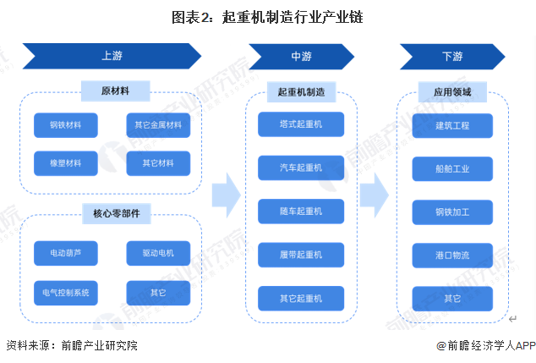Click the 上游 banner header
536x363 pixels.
tap(112, 56)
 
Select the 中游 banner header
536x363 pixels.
tap(302, 57)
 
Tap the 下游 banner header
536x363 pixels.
tap(452, 57)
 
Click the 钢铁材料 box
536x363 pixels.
tap(66, 125)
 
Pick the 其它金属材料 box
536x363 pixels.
tap(158, 125)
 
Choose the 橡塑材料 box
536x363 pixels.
tap(66, 163)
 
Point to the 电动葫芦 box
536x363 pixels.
tap(66, 253)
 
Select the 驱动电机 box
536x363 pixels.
tap(158, 253)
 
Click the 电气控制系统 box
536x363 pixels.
tap(66, 293)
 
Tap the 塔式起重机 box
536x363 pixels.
tap(301, 124)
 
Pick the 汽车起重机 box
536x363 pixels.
tap(301, 168)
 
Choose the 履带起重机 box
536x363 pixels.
tap(301, 255)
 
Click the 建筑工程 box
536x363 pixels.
tap(452, 126)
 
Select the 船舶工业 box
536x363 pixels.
tap(452, 169)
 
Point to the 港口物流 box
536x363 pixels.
tap(452, 256)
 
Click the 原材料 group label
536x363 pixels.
tap(116, 91)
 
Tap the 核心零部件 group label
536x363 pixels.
tap(117, 214)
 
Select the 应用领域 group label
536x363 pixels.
tap(452, 92)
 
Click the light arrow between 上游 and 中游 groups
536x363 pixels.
tap(227, 195)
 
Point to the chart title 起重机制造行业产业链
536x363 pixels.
tap(293, 17)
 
